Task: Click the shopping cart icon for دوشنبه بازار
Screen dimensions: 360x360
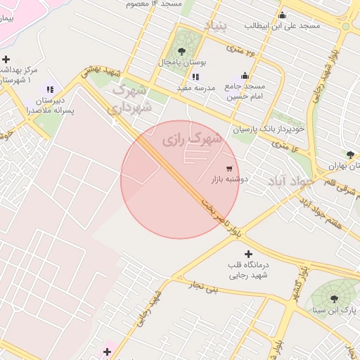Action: click(x=229, y=168)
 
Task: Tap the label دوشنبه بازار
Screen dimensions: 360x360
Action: click(x=230, y=179)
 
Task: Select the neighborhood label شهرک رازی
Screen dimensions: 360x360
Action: click(x=192, y=139)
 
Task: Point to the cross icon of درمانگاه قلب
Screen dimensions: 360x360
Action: click(x=247, y=254)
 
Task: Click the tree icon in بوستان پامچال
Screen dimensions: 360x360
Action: click(x=182, y=51)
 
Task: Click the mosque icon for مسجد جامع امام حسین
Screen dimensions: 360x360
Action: click(x=245, y=76)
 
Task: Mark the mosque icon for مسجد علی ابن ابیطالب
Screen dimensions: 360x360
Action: click(x=283, y=15)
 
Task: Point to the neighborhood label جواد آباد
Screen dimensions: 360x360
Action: click(x=288, y=182)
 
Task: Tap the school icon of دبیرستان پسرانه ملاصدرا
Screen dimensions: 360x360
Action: click(x=49, y=89)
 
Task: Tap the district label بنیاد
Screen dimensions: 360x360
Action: click(x=217, y=26)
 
